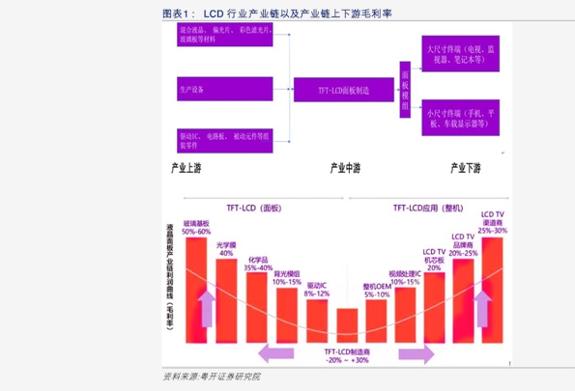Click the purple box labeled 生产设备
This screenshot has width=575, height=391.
224,90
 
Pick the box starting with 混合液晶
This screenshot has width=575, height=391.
224,36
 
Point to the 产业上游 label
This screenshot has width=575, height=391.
187,168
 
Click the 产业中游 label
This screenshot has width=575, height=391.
345,168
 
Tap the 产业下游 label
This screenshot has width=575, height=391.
465,168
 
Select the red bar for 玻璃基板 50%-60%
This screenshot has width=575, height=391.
196,290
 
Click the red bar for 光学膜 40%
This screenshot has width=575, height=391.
226,299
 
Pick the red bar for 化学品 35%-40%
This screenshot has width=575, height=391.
257,307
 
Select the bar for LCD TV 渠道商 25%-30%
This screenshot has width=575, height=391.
492,290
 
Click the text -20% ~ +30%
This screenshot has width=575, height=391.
347,360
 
